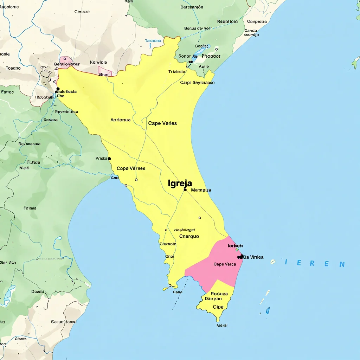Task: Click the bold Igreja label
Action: [180, 183]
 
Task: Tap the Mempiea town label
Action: [201, 190]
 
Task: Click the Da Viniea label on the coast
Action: [253, 257]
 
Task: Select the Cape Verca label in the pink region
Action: [225, 264]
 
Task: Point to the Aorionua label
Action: [120, 120]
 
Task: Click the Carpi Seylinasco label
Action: [197, 83]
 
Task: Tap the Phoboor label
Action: [211, 56]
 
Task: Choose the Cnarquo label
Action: [189, 236]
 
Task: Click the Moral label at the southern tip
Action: [222, 325]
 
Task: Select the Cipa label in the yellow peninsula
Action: [218, 307]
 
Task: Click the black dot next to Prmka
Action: [109, 159]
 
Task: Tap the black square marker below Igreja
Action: [185, 189]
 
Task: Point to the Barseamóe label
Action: [192, 7]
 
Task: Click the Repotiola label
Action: [227, 21]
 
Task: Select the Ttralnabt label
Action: [176, 72]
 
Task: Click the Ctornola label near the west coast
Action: [168, 244]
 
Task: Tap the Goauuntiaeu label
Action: [64, 321]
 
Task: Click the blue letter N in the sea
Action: [342, 264]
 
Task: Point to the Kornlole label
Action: [98, 62]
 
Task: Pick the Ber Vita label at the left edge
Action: [8, 263]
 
